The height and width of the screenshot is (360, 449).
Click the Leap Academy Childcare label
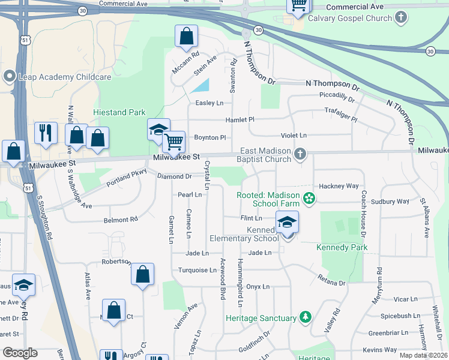[58, 77]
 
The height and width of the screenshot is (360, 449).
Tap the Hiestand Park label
[119, 112]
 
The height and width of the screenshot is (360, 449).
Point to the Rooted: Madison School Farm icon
[309, 197]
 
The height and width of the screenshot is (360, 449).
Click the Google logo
[20, 353]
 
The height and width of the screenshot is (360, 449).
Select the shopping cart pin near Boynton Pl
[173, 143]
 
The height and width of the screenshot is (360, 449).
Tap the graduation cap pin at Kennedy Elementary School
[287, 223]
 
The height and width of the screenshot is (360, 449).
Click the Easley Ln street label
[209, 103]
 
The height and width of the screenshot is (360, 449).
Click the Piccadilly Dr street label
[337, 95]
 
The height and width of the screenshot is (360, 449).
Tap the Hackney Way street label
[339, 186]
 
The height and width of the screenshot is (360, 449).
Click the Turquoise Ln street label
[197, 270]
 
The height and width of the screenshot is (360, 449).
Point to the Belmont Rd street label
[121, 220]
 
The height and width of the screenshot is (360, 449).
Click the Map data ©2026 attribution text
[423, 355]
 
